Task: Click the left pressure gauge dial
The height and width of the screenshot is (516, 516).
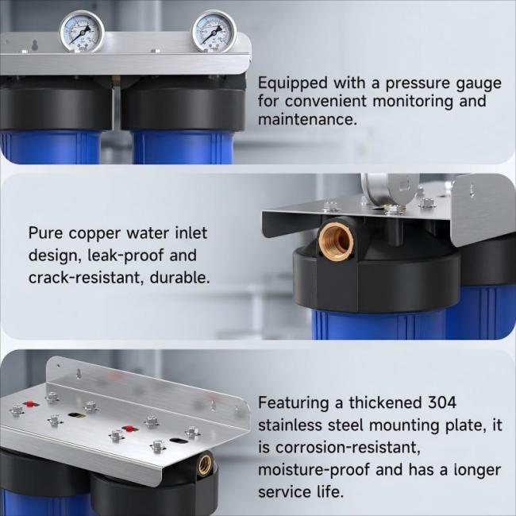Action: click(82, 31)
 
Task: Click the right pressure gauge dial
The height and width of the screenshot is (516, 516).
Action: click(214, 31)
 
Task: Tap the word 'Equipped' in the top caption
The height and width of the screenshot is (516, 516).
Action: click(293, 83)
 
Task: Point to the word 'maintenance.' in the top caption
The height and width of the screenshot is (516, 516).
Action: click(307, 119)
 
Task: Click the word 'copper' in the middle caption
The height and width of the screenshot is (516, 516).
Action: click(95, 234)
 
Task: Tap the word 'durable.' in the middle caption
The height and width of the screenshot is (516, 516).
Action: click(179, 277)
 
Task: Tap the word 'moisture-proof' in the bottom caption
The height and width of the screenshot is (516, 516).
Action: click(314, 470)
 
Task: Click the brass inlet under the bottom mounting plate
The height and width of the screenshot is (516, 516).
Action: click(205, 463)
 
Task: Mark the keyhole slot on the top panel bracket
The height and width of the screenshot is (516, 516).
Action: click(35, 45)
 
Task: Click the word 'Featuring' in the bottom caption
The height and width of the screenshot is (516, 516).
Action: click(294, 403)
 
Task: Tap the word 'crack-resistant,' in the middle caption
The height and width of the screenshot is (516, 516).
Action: click(86, 277)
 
